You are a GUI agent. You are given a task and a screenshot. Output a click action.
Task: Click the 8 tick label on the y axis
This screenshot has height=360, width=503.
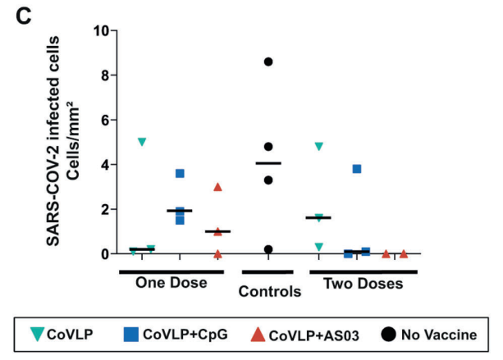(104, 75)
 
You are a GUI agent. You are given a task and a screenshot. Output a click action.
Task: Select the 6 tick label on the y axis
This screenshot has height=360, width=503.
(104, 120)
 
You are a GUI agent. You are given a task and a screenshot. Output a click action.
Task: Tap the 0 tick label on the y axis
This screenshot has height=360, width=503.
(104, 254)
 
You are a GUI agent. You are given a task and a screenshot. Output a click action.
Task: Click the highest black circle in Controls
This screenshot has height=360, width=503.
(268, 62)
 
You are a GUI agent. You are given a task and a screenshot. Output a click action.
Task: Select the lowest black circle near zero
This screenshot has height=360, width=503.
(268, 249)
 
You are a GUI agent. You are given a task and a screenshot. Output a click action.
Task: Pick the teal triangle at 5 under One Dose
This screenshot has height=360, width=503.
(142, 142)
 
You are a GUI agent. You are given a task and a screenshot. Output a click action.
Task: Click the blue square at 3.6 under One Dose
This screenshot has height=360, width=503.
(180, 173)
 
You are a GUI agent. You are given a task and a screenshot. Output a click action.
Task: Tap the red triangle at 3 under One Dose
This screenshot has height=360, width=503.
(217, 187)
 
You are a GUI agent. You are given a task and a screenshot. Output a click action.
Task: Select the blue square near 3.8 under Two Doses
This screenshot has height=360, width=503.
(357, 169)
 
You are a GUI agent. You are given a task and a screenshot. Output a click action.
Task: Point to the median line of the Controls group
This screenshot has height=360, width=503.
(268, 163)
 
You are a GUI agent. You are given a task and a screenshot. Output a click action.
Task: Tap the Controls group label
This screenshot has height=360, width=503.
(269, 291)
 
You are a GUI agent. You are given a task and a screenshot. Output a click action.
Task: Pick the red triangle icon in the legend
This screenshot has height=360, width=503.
(258, 334)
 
